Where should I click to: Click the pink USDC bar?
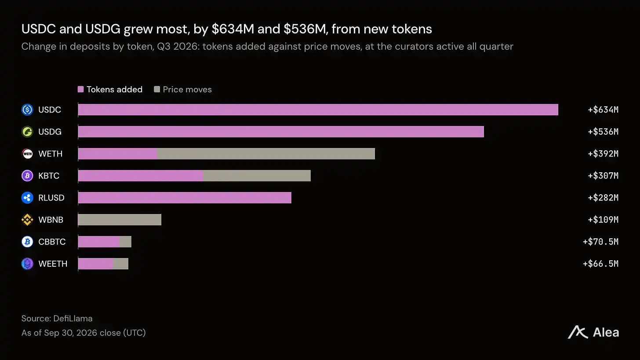[x=318, y=110]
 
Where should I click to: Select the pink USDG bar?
[x=281, y=132]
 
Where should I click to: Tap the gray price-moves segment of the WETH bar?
[x=265, y=154]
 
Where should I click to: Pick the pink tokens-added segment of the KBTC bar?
[x=141, y=176]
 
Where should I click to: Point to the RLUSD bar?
[x=185, y=198]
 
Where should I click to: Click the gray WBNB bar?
[x=120, y=220]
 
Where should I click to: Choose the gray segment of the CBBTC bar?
[x=125, y=242]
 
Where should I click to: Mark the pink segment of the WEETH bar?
[x=96, y=264]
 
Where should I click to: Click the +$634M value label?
[x=603, y=110]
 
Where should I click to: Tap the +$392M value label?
[x=603, y=154]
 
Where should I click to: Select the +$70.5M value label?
[x=600, y=242]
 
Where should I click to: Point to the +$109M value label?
[x=603, y=220]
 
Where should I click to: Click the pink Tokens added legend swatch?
[x=80, y=89]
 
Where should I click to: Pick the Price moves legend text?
[x=187, y=89]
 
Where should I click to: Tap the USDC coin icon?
[x=27, y=110]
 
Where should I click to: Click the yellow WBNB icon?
[x=27, y=220]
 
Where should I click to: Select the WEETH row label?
[x=53, y=264]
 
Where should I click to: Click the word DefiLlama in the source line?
[x=73, y=319]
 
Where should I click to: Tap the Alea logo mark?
[x=578, y=332]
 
